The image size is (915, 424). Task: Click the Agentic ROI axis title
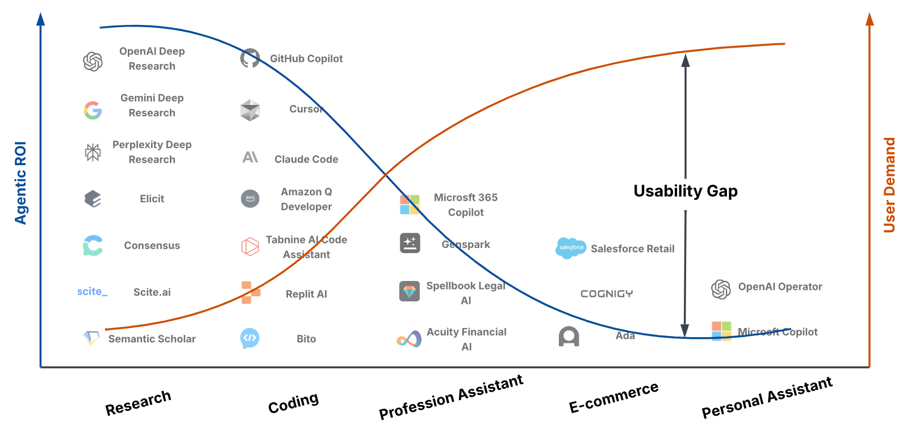click(x=20, y=183)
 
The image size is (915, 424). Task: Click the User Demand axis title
click(x=889, y=185)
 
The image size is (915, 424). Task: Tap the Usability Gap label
click(x=686, y=191)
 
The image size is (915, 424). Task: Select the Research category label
click(x=138, y=402)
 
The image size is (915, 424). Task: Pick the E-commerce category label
click(x=613, y=397)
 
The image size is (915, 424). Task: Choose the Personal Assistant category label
click(x=767, y=397)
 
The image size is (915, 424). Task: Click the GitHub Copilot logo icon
click(x=250, y=58)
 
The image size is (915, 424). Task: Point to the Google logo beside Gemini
click(x=93, y=110)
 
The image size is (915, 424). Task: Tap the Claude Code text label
click(x=306, y=159)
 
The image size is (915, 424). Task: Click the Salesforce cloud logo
click(x=570, y=248)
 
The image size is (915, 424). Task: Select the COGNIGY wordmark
click(x=607, y=293)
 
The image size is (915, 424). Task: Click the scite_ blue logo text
click(x=92, y=292)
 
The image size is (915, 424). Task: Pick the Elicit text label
click(x=152, y=199)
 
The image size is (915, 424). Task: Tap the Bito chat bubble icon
click(x=250, y=338)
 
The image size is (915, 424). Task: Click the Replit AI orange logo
click(x=250, y=292)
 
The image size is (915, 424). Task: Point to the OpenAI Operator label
click(x=780, y=287)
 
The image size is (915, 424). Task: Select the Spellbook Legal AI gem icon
click(x=410, y=291)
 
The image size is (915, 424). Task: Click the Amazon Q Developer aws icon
click(x=250, y=198)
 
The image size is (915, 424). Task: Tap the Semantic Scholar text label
click(x=152, y=339)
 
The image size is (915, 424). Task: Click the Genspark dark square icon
click(x=410, y=244)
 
